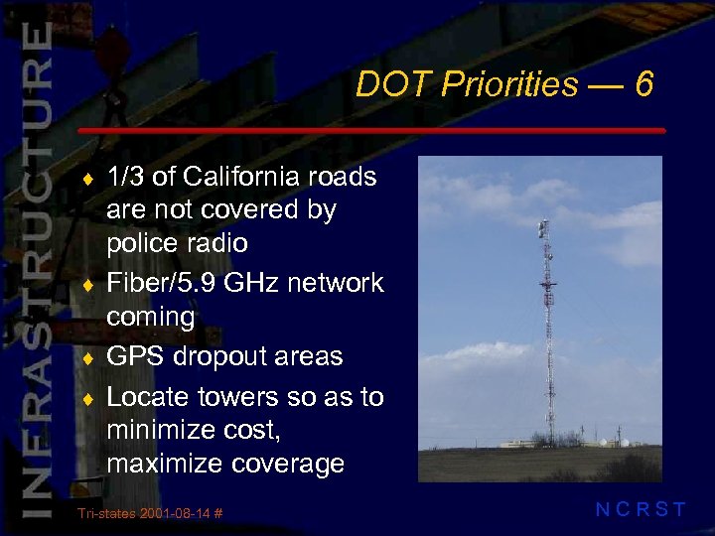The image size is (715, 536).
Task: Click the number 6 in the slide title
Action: click(643, 85)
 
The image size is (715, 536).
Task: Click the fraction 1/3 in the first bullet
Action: click(126, 178)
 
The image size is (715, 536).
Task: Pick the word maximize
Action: click(164, 464)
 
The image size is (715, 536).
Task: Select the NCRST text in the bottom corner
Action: click(641, 510)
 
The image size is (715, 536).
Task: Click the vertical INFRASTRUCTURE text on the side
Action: click(34, 268)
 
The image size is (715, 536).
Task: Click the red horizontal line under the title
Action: click(371, 130)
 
